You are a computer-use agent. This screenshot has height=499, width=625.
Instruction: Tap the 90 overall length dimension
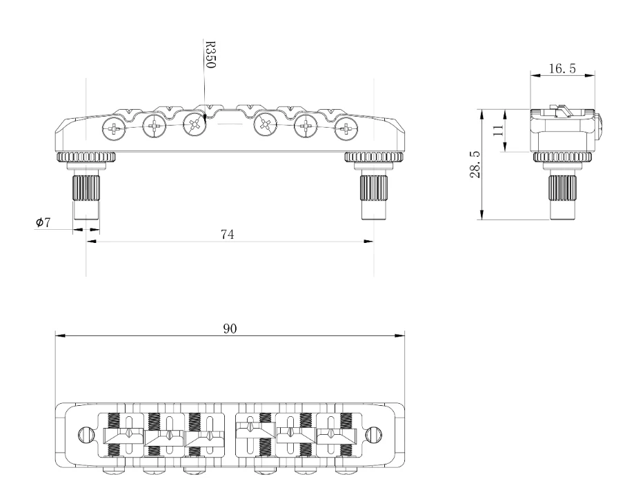(x=229, y=329)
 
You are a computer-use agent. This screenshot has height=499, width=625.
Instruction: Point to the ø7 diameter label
(x=43, y=223)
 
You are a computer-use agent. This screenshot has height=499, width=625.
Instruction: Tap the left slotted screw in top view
(x=87, y=435)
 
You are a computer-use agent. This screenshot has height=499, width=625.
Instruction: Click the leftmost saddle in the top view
(x=122, y=436)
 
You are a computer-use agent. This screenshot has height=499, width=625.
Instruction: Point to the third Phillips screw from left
(x=194, y=126)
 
